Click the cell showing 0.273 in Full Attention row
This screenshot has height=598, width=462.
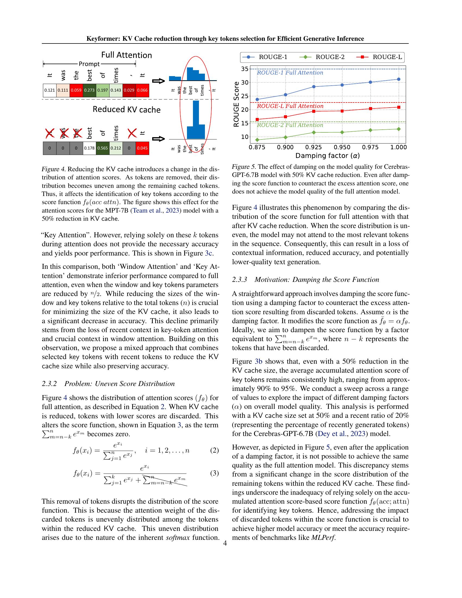(x=89, y=90)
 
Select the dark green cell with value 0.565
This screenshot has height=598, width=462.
(x=103, y=148)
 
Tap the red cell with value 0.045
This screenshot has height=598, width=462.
(x=142, y=148)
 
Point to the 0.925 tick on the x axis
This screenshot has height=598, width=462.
(x=314, y=147)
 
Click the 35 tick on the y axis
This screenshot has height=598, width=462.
(x=245, y=69)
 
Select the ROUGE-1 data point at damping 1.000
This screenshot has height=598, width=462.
(x=398, y=79)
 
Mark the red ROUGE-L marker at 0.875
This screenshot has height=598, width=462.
(x=257, y=119)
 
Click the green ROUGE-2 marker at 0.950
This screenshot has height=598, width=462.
(x=342, y=132)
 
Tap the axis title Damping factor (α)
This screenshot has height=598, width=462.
(x=327, y=156)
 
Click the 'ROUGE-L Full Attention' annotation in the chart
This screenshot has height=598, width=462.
(x=290, y=106)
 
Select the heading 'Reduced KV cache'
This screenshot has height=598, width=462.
(x=126, y=110)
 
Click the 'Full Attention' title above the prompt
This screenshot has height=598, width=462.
(x=126, y=55)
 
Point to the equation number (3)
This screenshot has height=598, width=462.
(x=214, y=473)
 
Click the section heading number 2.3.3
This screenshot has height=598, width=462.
(x=239, y=279)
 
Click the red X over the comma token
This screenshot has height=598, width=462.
(x=132, y=133)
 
